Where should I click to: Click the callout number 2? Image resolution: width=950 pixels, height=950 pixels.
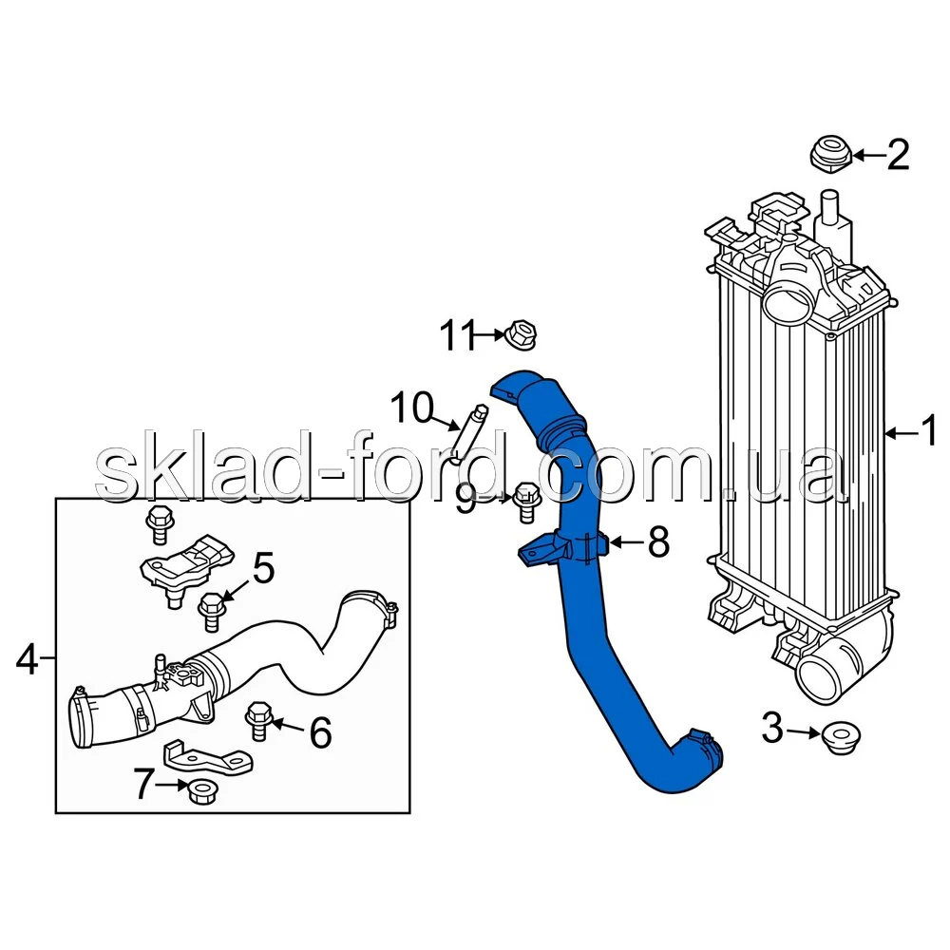[x=898, y=155]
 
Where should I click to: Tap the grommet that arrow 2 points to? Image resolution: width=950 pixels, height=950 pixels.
[x=830, y=155]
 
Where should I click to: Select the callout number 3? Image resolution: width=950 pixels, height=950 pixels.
[x=772, y=728]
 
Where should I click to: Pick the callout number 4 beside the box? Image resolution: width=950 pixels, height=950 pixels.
[x=28, y=659]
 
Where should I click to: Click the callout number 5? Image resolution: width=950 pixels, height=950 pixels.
[x=263, y=568]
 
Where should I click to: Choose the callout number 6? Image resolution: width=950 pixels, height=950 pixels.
[x=320, y=731]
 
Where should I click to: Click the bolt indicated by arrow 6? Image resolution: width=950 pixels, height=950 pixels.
[x=259, y=720]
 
